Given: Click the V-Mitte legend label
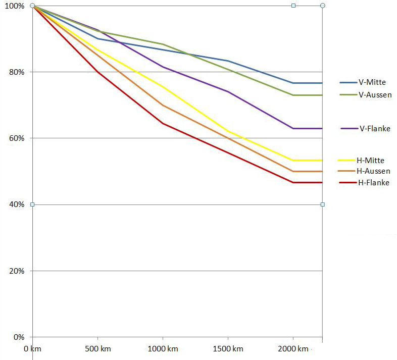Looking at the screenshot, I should [374, 82].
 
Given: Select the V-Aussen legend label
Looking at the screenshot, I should [375, 94].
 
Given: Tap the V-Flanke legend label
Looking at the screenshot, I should [375, 128].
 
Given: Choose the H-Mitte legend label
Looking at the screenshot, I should [370, 161].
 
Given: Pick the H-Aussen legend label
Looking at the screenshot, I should [373, 172].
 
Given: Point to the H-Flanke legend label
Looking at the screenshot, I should [373, 183].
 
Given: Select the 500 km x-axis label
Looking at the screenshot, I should [98, 349].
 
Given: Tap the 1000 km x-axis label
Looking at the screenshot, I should [163, 349].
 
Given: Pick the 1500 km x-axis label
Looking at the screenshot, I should [228, 349].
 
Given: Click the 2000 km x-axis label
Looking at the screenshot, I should [293, 349].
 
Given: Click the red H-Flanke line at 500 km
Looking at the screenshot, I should [97, 72].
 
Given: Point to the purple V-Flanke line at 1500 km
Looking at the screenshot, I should [228, 91].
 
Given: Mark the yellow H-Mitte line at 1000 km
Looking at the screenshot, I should [163, 87].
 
